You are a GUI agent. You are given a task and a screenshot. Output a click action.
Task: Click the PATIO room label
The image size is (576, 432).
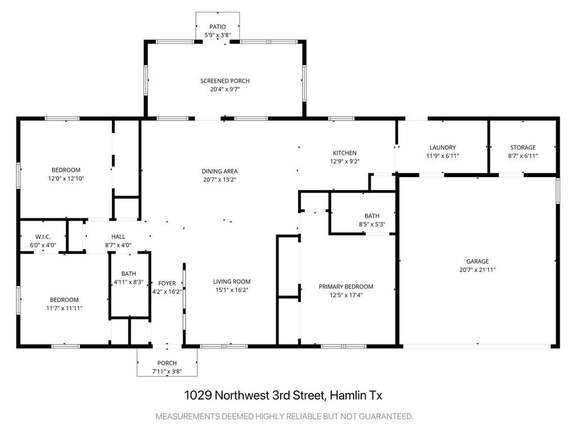coord(218,26)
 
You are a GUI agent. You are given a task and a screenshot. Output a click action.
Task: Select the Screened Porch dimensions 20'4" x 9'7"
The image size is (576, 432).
coord(225,89)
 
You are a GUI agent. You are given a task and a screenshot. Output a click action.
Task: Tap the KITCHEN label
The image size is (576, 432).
coord(345,153)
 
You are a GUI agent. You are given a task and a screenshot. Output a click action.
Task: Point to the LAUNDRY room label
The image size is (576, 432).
coord(443,147)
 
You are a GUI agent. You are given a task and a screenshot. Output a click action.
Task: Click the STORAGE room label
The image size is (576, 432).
coord(523,147)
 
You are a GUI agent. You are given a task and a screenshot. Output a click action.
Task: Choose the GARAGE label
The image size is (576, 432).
coord(478,261)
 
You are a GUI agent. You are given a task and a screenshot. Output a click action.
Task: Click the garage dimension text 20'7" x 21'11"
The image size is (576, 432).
coord(478,269)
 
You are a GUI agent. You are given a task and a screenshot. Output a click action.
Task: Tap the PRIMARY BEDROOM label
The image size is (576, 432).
coord(346,286)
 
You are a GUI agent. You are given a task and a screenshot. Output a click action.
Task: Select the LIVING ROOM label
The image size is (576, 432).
coord(232,281)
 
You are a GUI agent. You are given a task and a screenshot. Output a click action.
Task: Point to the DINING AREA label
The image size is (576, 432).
coord(220,171)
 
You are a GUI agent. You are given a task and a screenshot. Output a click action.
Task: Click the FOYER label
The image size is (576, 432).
coord(167,283)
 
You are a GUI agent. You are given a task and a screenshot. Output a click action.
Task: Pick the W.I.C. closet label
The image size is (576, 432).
coord(43,237)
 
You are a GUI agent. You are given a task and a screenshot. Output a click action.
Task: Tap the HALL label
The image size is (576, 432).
coord(118,237)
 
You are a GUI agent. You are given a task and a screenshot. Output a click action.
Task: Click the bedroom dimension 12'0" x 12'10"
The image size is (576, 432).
coord(66,178)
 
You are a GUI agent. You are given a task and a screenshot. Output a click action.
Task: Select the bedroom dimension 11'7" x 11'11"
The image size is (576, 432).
coord(64,308)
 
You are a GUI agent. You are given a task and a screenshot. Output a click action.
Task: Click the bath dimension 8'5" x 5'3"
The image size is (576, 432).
coord(372,224)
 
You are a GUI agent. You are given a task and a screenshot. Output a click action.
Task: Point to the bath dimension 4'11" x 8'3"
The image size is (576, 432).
coord(129,282)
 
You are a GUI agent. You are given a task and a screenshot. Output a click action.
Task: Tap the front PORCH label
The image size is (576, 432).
coord(167,363)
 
